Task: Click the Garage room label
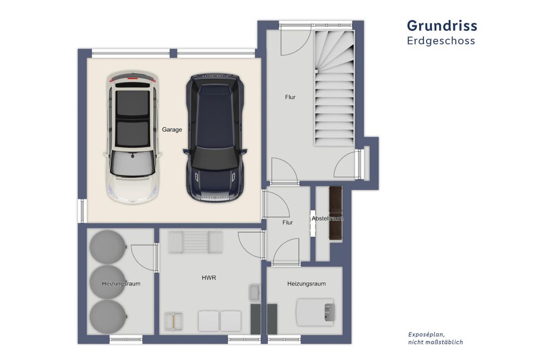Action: [x=172, y=130]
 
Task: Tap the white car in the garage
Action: [x=132, y=138]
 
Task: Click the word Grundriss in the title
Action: [x=442, y=26]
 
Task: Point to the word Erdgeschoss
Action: [x=441, y=40]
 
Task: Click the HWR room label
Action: [x=209, y=278]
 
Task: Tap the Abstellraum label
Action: [x=328, y=219]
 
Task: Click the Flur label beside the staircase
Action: [x=291, y=97]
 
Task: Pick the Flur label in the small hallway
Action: [x=288, y=223]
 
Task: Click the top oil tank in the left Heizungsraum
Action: [x=108, y=247]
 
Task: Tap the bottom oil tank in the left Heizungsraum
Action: [x=108, y=317]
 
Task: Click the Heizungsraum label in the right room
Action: [x=307, y=284]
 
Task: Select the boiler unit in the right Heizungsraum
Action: [x=315, y=313]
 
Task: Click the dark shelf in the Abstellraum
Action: [x=335, y=213]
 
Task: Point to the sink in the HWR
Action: [x=255, y=292]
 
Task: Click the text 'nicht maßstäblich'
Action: [x=436, y=342]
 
